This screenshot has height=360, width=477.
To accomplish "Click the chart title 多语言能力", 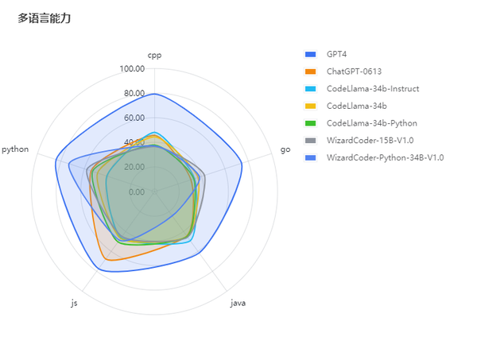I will pos(45,18).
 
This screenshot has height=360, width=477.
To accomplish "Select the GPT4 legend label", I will pos(336,54).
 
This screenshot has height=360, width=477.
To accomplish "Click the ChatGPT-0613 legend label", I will pos(354,72).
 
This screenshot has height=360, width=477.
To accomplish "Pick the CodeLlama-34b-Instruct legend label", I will pos(372,88).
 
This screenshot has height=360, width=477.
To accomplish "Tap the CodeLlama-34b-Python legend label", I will pos(371,123).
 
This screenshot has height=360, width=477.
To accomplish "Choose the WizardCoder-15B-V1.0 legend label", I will pos(370,141).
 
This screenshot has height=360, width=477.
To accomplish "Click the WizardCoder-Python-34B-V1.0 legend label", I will pos(385,157).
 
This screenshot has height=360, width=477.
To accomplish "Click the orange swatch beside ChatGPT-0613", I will pos(311,72).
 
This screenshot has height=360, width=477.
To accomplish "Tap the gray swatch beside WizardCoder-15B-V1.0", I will pos(311,141).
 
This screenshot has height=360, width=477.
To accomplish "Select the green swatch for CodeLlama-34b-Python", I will pos(311,123).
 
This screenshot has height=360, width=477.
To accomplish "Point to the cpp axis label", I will pos(154,55).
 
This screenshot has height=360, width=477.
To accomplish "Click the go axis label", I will pos(285,149).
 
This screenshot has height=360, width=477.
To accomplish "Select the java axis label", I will pos(238,303).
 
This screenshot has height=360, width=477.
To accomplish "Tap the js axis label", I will pos(74,303).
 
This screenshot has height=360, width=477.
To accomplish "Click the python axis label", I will pos(16,149).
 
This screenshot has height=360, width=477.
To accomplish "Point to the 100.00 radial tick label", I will pos(132,69).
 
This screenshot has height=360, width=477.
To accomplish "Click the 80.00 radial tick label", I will pos(134,94).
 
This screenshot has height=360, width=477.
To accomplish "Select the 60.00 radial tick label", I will pos(134,118).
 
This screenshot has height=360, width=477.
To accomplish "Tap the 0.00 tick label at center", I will pos(136,192).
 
